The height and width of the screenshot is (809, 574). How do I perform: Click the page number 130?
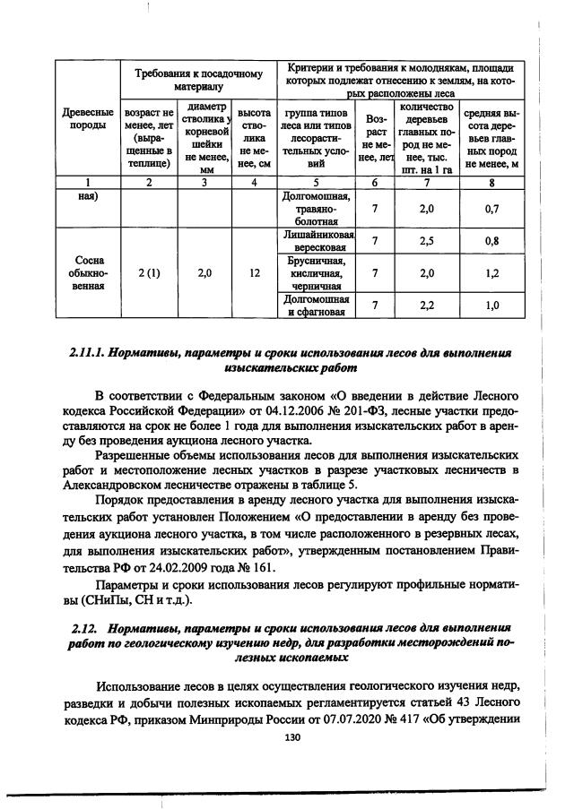290,737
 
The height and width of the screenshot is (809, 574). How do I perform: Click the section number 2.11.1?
88,353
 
